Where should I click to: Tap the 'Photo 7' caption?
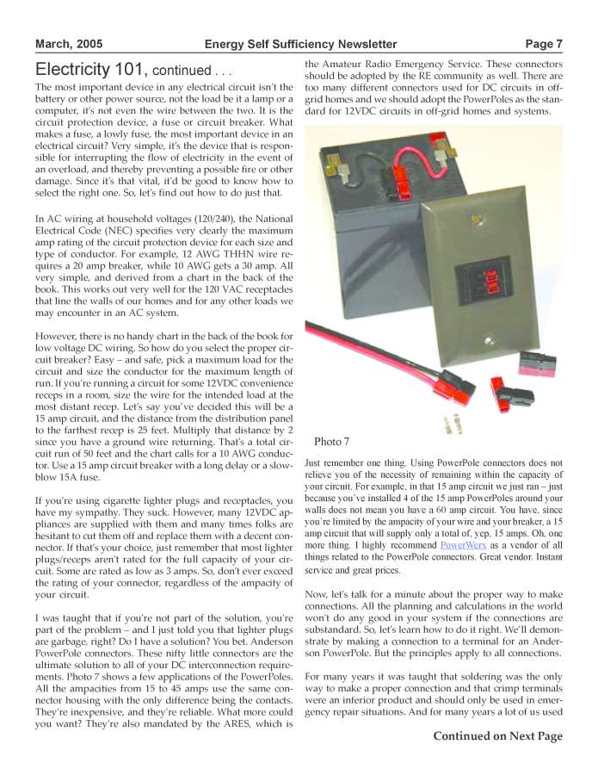click(x=331, y=442)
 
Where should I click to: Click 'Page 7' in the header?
click(x=544, y=44)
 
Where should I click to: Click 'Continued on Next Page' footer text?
click(x=497, y=735)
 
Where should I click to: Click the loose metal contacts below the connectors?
click(x=453, y=423)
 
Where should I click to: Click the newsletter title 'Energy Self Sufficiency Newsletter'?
click(x=300, y=44)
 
